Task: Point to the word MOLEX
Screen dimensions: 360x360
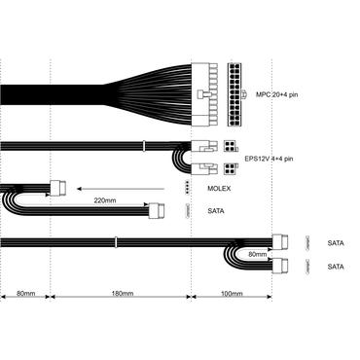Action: click(x=220, y=187)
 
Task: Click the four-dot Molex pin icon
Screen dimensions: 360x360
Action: click(x=187, y=187)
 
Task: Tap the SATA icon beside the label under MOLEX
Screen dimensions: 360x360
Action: click(x=187, y=209)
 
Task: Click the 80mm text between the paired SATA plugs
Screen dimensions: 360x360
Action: click(x=258, y=255)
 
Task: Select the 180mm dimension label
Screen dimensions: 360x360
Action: click(x=122, y=293)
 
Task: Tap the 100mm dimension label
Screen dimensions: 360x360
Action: click(x=232, y=293)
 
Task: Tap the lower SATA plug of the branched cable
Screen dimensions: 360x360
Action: click(x=283, y=266)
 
